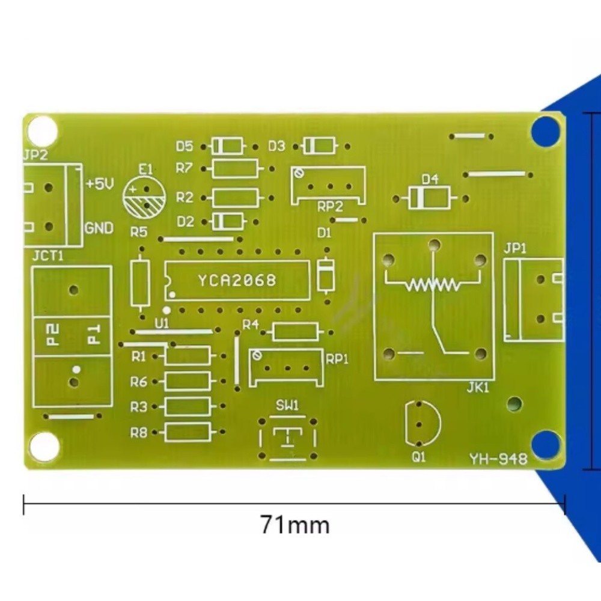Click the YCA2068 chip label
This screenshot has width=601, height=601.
point(237,280)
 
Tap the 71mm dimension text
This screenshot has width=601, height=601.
point(294,525)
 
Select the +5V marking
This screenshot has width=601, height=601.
point(100,184)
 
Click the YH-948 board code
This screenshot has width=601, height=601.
point(498,459)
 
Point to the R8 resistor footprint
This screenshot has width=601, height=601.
point(188,432)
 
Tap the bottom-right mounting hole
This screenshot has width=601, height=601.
point(546,445)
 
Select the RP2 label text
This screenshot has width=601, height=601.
point(330,207)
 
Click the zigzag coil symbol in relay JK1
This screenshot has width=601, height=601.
point(432,284)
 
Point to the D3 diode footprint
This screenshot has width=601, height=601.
point(319,145)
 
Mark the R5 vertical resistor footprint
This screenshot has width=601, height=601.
point(141,282)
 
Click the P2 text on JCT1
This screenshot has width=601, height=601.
point(53,334)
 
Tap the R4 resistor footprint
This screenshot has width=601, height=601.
point(295,332)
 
